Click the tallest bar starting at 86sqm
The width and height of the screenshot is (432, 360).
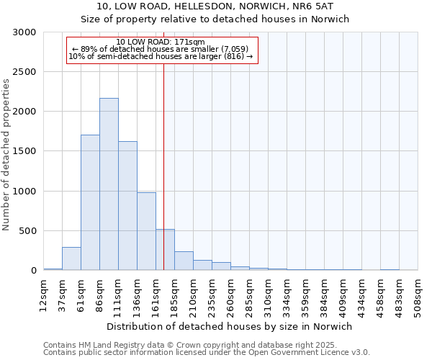[x=109, y=184]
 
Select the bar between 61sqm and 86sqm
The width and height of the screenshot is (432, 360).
[x=90, y=202]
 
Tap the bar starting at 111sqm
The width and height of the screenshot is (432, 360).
[x=127, y=206]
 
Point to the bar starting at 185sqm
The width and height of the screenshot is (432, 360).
[x=184, y=261]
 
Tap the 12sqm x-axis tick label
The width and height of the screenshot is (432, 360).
[x=44, y=294]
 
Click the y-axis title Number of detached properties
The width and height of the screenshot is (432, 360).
[x=7, y=155]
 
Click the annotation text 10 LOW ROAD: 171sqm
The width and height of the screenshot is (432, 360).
[x=161, y=42]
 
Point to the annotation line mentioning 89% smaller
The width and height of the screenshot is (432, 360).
[x=161, y=49]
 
